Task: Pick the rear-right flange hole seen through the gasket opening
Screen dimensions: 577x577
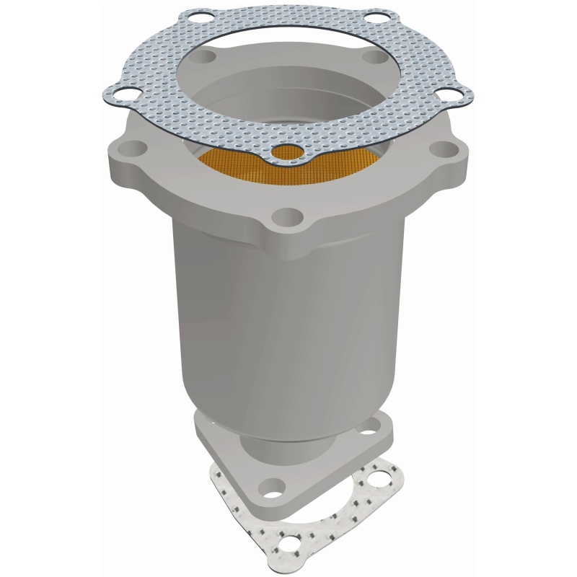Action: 373,57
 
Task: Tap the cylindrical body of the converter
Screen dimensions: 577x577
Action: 288,303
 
